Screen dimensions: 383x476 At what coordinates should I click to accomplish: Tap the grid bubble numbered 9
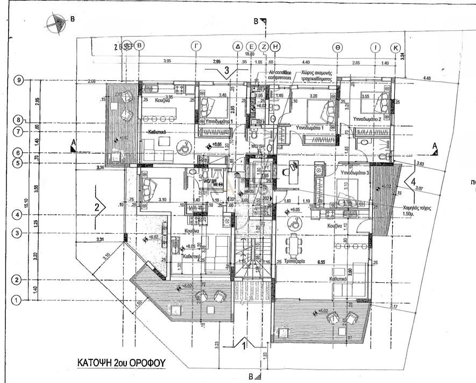pos(19,80)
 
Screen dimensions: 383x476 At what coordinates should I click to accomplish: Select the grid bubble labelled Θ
pos(337,47)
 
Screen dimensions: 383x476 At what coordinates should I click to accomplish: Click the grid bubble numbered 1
pos(17,300)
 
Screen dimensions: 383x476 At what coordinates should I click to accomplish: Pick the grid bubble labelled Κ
pos(396,47)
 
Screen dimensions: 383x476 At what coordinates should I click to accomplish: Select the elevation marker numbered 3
pos(227,70)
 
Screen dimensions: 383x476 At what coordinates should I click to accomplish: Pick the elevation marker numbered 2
pos(97,207)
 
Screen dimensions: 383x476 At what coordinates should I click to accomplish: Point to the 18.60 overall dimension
pos(250,54)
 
